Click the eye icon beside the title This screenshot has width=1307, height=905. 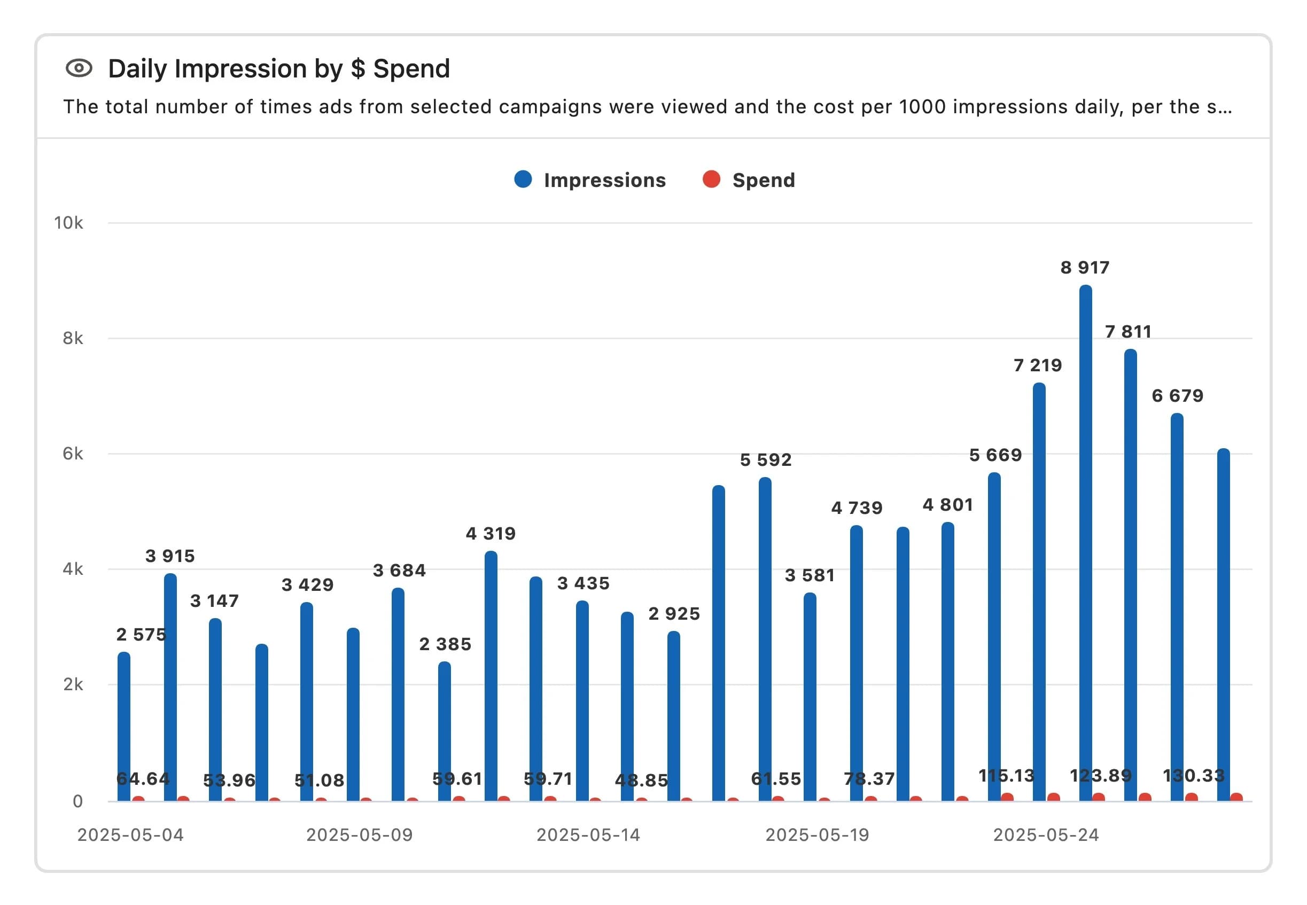(x=79, y=68)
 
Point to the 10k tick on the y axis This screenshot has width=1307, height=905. (x=68, y=223)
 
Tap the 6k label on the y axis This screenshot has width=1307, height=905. (x=73, y=454)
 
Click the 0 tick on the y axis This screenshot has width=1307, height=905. (x=77, y=801)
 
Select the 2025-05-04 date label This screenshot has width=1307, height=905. (x=130, y=834)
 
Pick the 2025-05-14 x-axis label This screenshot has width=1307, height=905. (x=588, y=834)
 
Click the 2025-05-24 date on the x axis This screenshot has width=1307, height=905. (x=1046, y=834)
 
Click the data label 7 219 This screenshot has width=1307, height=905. (x=1038, y=365)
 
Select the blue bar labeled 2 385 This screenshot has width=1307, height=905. (x=445, y=731)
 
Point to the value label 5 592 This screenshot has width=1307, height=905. (x=766, y=460)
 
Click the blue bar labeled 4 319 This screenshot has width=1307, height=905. (x=491, y=675)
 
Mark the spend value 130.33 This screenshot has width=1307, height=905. (x=1194, y=775)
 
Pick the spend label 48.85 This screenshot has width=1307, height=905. (x=641, y=780)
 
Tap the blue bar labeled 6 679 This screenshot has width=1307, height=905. (x=1177, y=607)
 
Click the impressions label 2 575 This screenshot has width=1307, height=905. (x=141, y=635)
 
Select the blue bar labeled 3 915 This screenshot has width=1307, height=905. (x=170, y=686)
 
